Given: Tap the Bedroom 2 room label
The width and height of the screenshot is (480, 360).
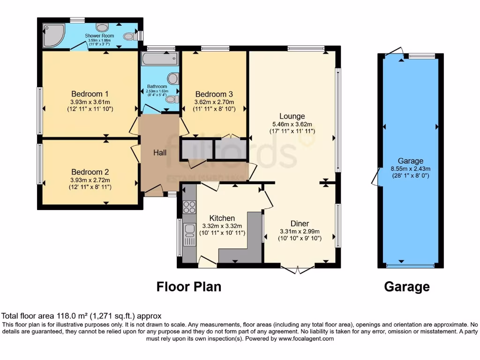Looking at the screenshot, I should [x=90, y=172].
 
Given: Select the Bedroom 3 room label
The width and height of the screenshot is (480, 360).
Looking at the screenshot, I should [x=214, y=93].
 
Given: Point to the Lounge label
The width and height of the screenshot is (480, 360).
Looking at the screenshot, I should [x=292, y=116].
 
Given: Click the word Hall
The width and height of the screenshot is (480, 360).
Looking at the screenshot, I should [x=160, y=153].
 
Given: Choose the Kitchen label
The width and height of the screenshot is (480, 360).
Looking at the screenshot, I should [x=222, y=218].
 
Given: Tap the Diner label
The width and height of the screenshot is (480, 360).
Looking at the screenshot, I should [x=299, y=224].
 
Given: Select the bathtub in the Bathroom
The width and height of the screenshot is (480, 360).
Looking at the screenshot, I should [x=159, y=60].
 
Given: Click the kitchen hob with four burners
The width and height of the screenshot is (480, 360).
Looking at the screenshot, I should [x=189, y=207].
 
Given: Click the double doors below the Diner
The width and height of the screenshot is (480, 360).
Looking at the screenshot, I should [x=297, y=270].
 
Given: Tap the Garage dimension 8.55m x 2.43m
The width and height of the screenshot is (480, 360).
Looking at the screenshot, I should [x=411, y=169].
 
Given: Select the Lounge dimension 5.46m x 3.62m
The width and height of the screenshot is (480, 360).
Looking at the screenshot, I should [x=292, y=124].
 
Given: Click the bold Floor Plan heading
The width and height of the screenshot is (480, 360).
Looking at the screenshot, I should [x=188, y=286].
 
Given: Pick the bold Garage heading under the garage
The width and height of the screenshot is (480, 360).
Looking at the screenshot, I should [x=407, y=286].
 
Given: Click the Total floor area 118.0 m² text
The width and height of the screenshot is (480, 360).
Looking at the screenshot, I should [x=82, y=316].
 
